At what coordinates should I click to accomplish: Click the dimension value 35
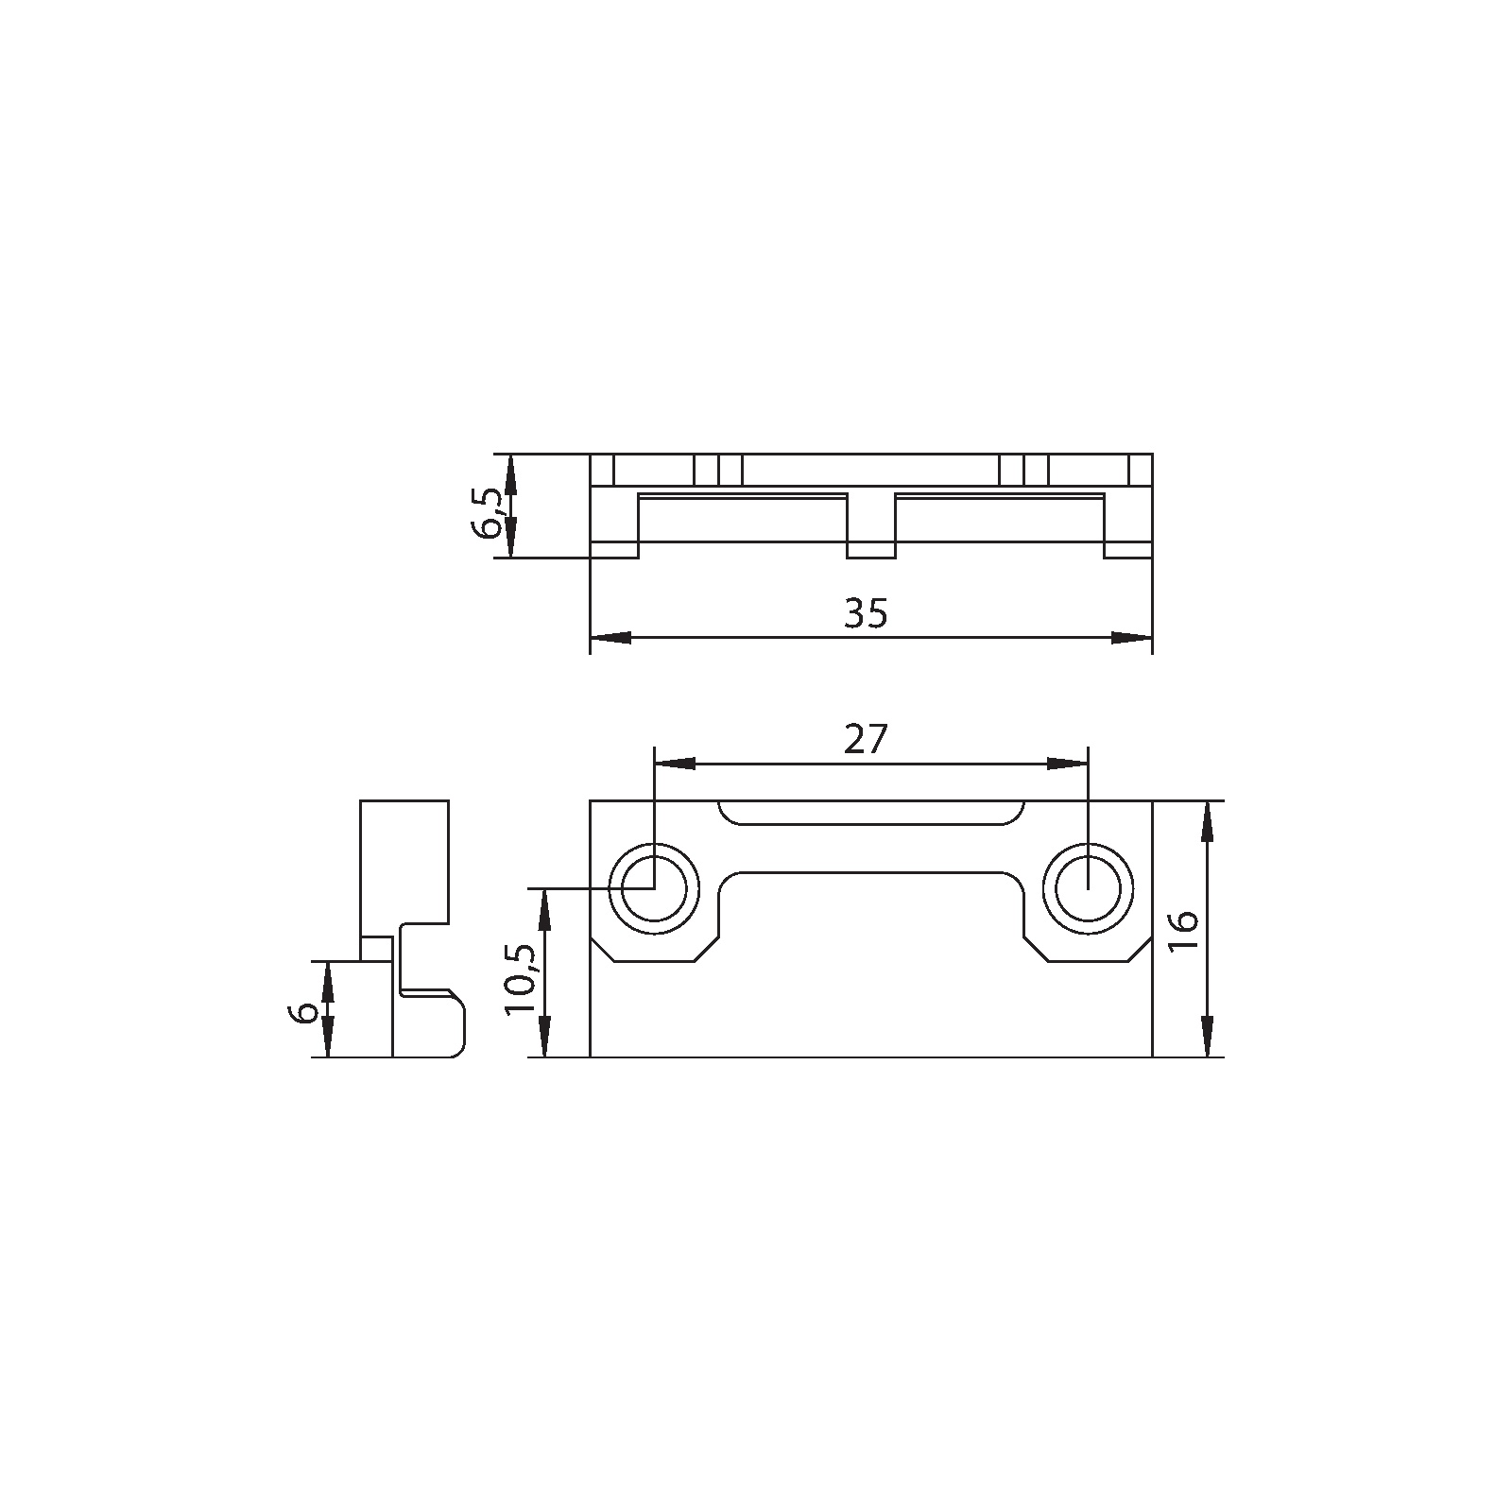click(x=867, y=614)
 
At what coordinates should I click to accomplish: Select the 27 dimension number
click(x=867, y=740)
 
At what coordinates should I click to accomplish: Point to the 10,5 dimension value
click(x=521, y=979)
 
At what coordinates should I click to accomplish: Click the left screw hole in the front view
click(x=654, y=889)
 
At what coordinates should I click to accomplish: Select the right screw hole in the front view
click(x=1089, y=889)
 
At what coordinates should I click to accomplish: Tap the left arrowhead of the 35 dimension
click(x=610, y=638)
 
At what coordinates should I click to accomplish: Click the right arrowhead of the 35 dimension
click(x=1132, y=638)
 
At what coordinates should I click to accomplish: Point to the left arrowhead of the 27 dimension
click(x=675, y=764)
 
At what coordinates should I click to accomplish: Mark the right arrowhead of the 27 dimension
click(x=1068, y=764)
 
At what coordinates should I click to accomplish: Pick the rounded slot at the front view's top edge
click(x=870, y=812)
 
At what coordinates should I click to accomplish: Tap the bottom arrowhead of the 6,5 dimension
click(x=509, y=539)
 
